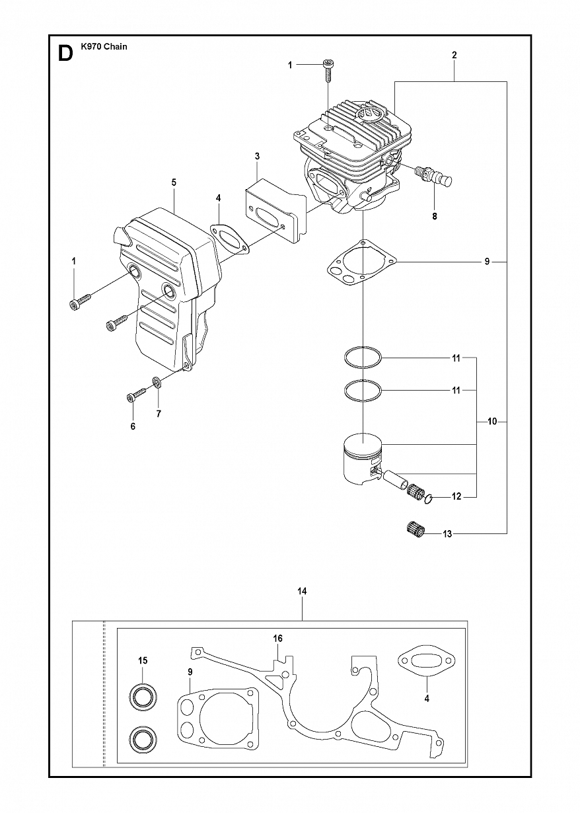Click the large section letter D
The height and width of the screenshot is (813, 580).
click(x=65, y=54)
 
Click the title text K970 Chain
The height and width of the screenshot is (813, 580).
click(x=104, y=46)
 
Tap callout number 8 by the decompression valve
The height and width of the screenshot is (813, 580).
click(x=434, y=216)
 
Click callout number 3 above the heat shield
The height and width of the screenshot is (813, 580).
click(x=257, y=157)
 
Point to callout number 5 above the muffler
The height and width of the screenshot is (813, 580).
click(x=174, y=182)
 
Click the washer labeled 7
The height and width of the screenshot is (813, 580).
click(x=157, y=381)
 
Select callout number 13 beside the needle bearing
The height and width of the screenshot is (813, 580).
click(x=447, y=533)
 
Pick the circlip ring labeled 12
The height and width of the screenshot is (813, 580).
click(x=428, y=500)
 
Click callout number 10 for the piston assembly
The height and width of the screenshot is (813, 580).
click(x=492, y=422)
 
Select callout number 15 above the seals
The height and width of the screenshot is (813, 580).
click(x=143, y=660)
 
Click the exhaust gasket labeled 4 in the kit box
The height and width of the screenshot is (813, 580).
click(x=427, y=660)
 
